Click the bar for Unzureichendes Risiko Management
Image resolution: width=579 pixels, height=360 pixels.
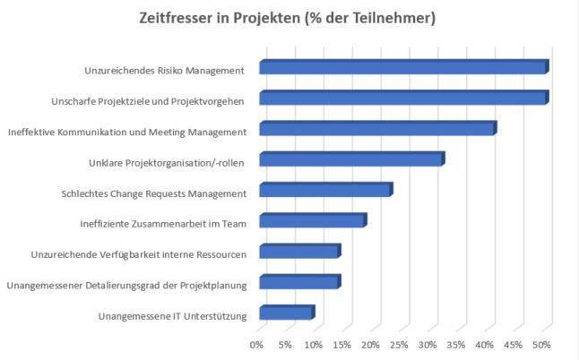coord(403,68)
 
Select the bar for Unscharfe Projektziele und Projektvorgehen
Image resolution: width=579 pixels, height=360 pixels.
coord(403,99)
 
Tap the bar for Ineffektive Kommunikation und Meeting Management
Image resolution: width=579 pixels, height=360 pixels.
coord(377,130)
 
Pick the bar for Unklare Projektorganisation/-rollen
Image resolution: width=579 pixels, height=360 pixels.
coord(351,160)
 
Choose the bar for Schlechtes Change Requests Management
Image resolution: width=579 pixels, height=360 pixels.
coord(325,191)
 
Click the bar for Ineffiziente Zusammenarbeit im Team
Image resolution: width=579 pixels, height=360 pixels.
coord(312,221)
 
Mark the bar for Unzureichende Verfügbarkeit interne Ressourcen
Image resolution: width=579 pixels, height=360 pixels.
coord(299,252)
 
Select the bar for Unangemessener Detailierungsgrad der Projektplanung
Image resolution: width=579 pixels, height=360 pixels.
coord(299,283)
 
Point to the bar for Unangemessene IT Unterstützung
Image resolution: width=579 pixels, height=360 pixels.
coord(286,313)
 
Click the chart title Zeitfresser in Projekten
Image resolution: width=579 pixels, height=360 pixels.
coord(288,18)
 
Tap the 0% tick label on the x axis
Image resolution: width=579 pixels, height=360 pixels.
coord(257,345)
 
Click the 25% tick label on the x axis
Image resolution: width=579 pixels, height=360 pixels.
coord(400,345)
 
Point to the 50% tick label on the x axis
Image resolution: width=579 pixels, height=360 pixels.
coord(541,345)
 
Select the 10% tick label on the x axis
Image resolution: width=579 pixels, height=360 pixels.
coord(314,345)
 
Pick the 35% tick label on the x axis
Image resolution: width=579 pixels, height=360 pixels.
coord(456,345)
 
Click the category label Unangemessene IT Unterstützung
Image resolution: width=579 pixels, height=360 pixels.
coord(171,315)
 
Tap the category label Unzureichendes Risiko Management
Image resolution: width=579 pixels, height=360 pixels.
coord(162,70)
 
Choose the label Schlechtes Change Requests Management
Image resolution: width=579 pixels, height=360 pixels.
coord(153,193)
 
